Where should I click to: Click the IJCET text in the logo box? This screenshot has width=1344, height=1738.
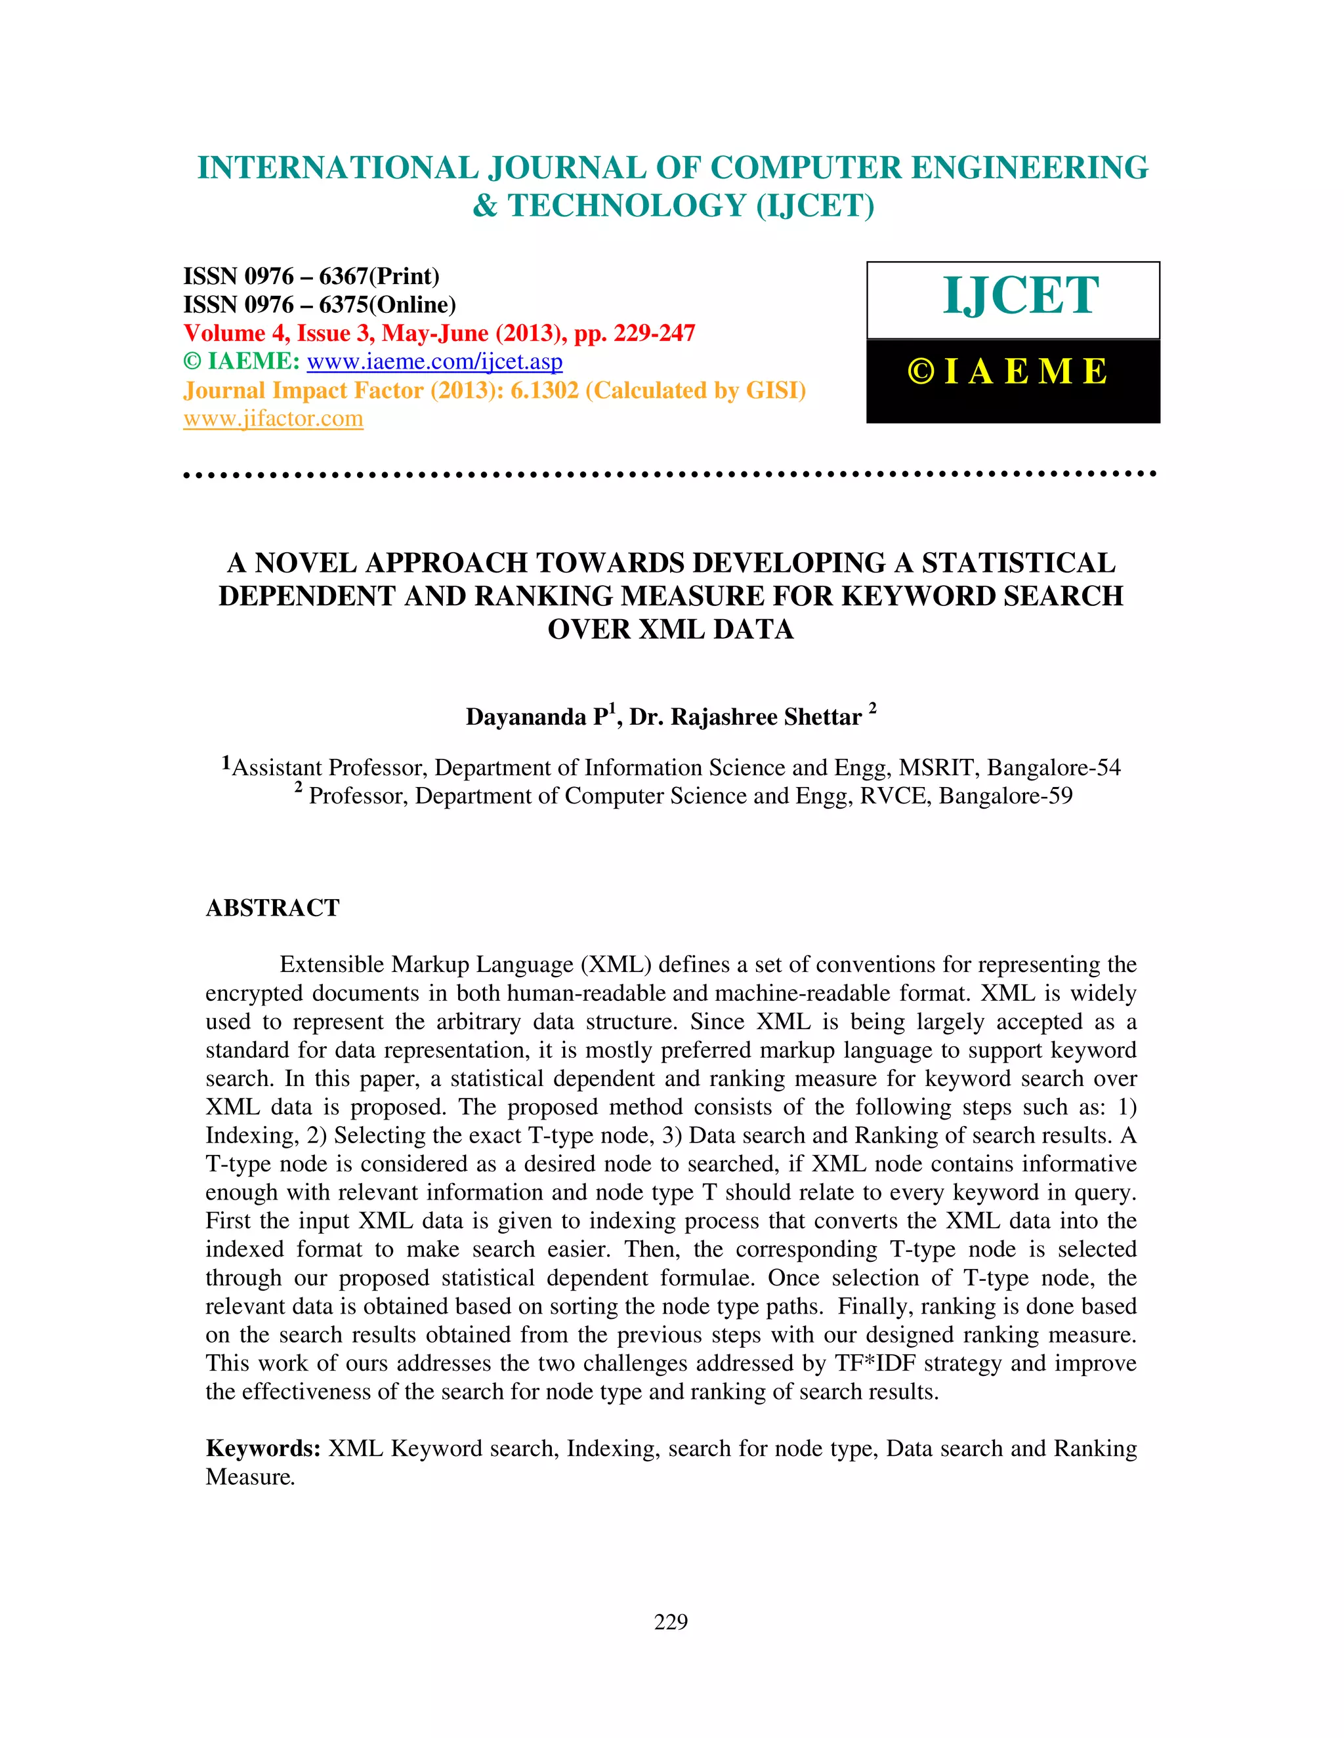click(x=1020, y=296)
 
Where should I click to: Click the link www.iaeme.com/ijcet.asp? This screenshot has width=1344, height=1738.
click(x=434, y=362)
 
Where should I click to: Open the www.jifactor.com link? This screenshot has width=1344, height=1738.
click(x=273, y=418)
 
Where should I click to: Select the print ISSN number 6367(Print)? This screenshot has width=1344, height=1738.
click(x=379, y=276)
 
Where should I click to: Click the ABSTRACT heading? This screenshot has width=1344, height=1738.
click(x=272, y=908)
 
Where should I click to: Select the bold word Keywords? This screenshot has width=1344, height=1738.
click(x=262, y=1448)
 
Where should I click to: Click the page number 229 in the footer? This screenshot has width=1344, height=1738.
click(x=671, y=1622)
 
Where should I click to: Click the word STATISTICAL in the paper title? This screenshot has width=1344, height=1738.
click(x=1018, y=563)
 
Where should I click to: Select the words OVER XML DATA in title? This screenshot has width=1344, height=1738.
click(x=671, y=630)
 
